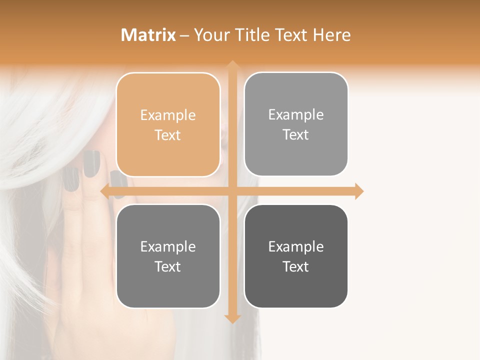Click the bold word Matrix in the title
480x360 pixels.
[x=148, y=35]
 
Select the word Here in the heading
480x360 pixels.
[x=331, y=35]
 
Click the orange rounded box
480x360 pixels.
[x=168, y=125]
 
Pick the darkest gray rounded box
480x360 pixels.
[x=296, y=256]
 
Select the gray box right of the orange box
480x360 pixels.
[x=296, y=124]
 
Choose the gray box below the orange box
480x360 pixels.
[x=168, y=256]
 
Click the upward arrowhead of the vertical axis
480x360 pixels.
[x=232, y=65]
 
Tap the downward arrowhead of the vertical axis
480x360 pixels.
[x=232, y=318]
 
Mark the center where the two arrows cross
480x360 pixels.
[x=232, y=191]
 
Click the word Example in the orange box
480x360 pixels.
[x=168, y=115]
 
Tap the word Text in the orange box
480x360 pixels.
[x=168, y=135]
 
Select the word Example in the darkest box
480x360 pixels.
[x=296, y=246]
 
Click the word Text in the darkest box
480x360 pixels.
[x=296, y=266]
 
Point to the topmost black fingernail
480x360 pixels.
[x=91, y=163]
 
